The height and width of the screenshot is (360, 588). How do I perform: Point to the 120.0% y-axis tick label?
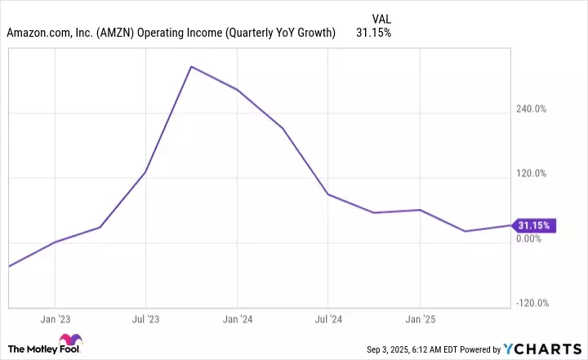(x=535, y=173)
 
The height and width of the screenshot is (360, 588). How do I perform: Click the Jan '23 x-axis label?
(x=54, y=318)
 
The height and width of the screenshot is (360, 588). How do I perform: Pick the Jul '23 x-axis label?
(x=145, y=318)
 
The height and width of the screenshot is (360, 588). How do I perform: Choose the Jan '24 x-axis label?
(x=236, y=318)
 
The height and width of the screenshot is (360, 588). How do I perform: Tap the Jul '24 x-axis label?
(x=327, y=318)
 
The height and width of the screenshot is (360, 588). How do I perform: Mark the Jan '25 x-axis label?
(x=419, y=318)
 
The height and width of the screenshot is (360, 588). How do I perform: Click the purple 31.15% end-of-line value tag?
(x=535, y=225)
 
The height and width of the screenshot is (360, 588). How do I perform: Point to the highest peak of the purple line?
(x=190, y=66)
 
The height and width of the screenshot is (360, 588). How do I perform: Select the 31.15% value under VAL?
(x=373, y=33)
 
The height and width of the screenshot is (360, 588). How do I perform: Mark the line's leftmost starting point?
(x=9, y=266)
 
